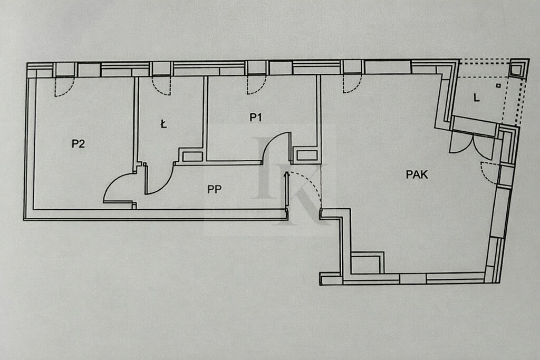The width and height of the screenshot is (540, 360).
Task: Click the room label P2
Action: tap(78, 143)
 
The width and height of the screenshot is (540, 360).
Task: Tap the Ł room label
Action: tap(163, 124)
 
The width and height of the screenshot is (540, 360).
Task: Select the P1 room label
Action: tap(256, 118)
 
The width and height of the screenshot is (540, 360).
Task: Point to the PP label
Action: tap(214, 189)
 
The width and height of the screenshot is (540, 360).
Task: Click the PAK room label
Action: tap(417, 174)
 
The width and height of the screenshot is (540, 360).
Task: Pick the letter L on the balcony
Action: tap(476, 98)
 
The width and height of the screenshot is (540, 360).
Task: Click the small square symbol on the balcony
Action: tap(498, 85)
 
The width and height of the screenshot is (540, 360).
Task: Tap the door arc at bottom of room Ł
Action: tap(160, 179)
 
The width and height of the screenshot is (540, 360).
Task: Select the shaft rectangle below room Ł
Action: tap(192, 156)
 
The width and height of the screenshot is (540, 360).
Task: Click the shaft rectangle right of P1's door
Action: tap(307, 155)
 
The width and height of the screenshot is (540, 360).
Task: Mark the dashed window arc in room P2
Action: tap(64, 87)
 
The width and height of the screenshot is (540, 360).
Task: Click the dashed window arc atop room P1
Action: tap(256, 86)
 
